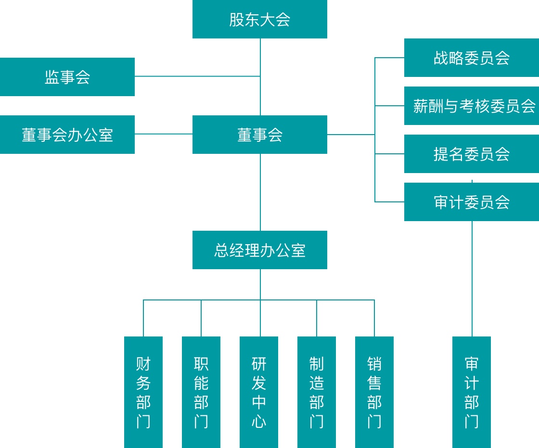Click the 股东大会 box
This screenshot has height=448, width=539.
[260, 19]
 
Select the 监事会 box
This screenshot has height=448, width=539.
[67, 77]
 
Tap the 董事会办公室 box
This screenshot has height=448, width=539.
[67, 135]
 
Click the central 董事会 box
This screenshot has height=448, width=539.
[260, 135]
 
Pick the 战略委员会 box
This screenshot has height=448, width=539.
[472, 58]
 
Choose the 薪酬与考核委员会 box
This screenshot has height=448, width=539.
[472, 106]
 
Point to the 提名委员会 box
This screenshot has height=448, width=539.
[472, 154]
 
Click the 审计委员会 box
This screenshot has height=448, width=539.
[472, 202]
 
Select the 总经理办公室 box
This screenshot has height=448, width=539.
[260, 250]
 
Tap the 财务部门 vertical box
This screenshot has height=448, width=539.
[143, 392]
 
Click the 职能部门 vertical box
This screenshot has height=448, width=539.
[201, 392]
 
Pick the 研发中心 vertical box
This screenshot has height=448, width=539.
[259, 392]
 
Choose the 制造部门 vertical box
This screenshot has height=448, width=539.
[317, 392]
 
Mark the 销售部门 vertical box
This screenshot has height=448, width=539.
[374, 392]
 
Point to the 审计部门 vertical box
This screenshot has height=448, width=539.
[472, 392]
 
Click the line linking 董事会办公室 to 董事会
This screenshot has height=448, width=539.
[164, 134]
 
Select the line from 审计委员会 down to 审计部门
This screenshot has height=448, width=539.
[472, 279]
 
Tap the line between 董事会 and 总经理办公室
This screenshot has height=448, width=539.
[260, 192]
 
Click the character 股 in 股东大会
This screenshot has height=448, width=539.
[237, 20]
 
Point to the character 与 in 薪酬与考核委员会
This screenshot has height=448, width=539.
[450, 106]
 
